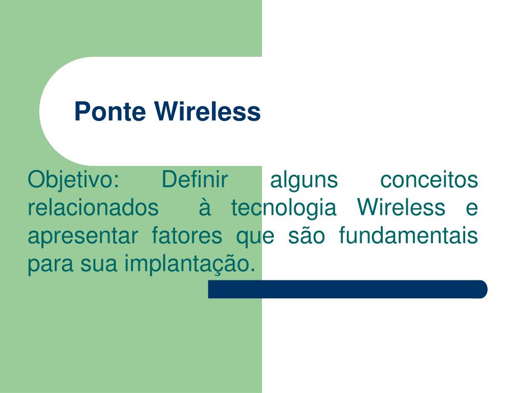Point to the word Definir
pos(194,180)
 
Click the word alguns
pos(304,180)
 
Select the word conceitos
pos(429,180)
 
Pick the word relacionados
pos(93,208)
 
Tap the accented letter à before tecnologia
pos(205,208)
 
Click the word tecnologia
pos(283,208)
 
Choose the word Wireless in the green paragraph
pos(401,208)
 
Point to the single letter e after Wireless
pos(472,208)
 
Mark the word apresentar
pos(82,236)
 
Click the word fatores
pos(187,236)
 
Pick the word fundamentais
pos(408,236)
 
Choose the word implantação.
pos(189,265)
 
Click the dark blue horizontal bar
pos(347,289)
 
